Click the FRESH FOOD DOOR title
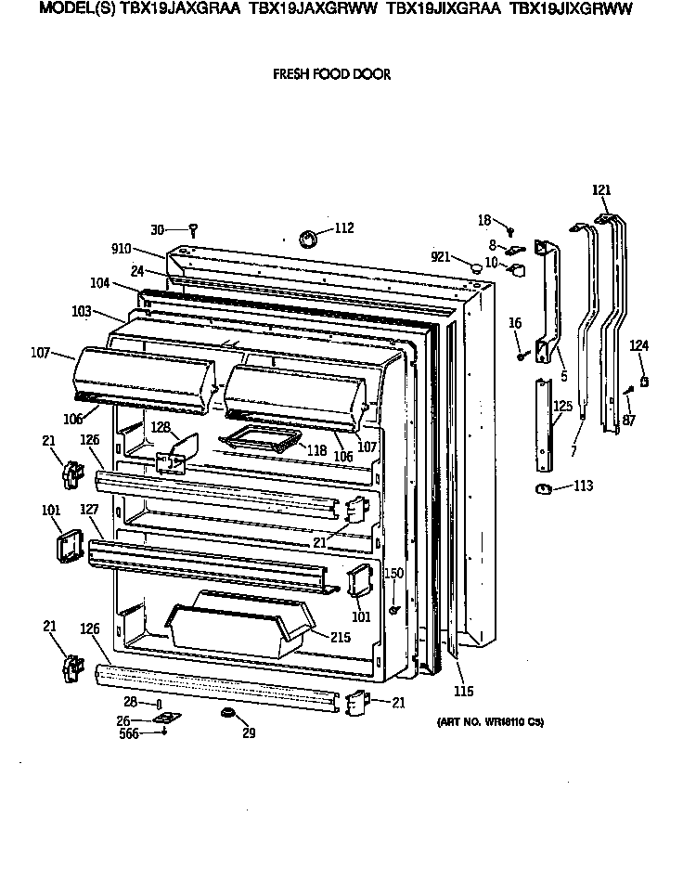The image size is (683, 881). (x=331, y=75)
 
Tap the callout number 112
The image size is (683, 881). (x=343, y=227)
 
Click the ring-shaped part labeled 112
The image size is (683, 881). (x=308, y=240)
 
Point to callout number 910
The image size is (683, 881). (x=122, y=250)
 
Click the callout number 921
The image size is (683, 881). (x=441, y=257)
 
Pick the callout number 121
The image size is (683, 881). (x=602, y=190)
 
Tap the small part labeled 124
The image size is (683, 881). (x=643, y=382)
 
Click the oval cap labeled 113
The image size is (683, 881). (x=543, y=488)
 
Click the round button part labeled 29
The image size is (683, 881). (x=226, y=713)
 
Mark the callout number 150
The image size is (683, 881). (x=394, y=574)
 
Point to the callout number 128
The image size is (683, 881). (x=160, y=426)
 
